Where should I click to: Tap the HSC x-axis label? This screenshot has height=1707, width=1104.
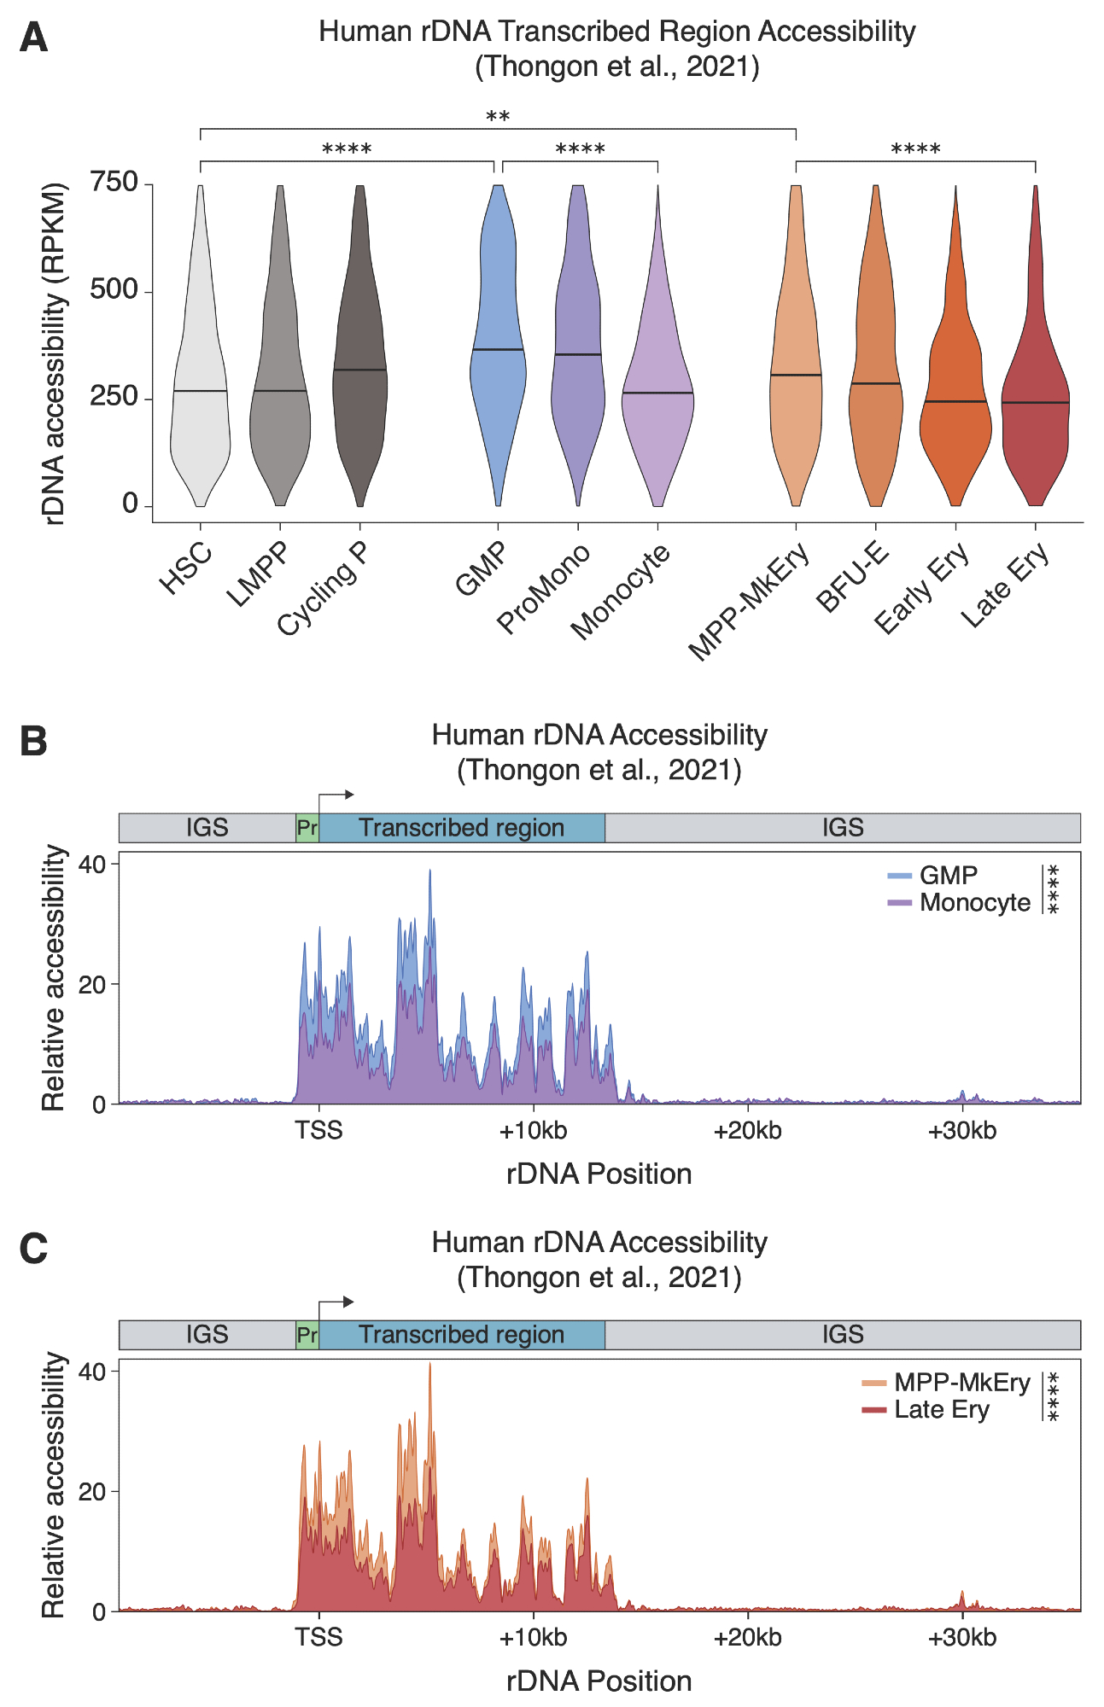(x=186, y=569)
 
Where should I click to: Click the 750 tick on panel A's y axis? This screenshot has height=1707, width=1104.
(x=114, y=183)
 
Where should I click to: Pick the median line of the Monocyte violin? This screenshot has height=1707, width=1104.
(x=657, y=393)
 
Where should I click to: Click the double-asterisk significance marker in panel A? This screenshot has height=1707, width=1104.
(x=498, y=116)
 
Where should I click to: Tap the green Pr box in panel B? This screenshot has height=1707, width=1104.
(x=307, y=828)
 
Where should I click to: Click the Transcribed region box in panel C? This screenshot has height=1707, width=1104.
(x=461, y=1335)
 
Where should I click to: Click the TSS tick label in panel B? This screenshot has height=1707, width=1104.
(x=318, y=1131)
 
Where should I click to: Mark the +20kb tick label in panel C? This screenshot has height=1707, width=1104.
(x=748, y=1638)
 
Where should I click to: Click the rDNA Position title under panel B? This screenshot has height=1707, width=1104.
(x=599, y=1174)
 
